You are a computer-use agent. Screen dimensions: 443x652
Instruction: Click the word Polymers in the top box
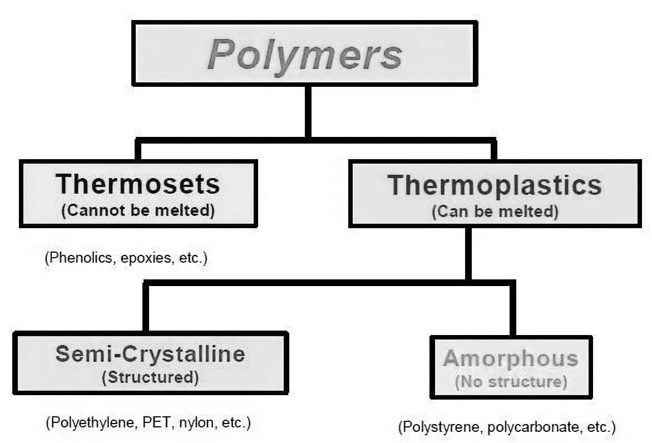point(304,55)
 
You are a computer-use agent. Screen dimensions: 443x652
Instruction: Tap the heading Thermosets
point(138,184)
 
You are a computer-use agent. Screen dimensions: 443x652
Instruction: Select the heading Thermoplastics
point(495,185)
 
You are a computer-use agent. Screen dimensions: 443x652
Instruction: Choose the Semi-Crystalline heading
point(150,354)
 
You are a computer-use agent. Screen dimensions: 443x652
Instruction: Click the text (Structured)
point(150,377)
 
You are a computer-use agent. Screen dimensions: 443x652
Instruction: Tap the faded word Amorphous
point(511,358)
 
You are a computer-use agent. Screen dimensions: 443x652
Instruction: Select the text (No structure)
point(511,382)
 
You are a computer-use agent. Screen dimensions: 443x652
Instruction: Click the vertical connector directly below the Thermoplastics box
point(468,253)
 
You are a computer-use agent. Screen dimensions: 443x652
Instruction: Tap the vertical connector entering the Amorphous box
point(512,309)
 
